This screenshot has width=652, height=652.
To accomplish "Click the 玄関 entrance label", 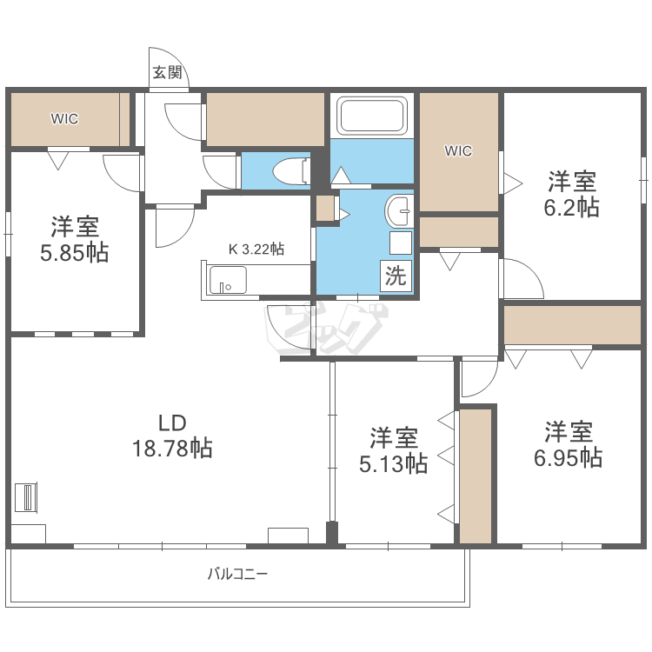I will click(x=167, y=73).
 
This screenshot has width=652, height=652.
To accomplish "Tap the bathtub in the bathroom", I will click(x=372, y=116).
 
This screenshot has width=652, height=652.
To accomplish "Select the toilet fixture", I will click(x=289, y=170).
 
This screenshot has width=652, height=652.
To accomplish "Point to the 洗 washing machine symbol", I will click(x=396, y=277).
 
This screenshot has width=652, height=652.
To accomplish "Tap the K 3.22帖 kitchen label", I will click(x=256, y=249).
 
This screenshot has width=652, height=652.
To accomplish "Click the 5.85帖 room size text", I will click(x=74, y=252).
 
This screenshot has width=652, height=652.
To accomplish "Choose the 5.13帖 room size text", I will click(x=394, y=463).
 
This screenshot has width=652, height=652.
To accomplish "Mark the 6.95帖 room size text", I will click(x=569, y=456).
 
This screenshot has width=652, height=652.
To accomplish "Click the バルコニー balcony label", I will click(x=237, y=574).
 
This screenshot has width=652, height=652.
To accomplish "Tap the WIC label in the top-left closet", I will click(x=63, y=119).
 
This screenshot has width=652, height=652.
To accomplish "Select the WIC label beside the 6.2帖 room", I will click(x=458, y=151).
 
